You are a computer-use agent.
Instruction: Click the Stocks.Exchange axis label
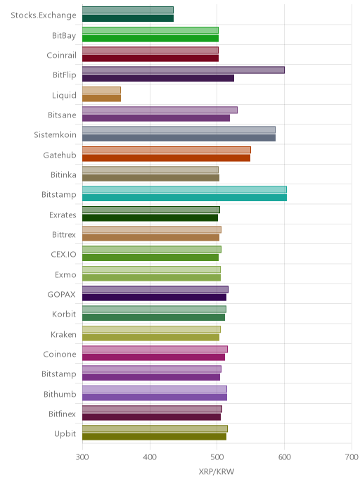[x=43, y=15]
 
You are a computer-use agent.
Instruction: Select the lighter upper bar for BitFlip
[x=184, y=70]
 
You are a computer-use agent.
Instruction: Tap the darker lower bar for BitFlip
[x=158, y=78]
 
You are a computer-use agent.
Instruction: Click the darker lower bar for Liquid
[x=101, y=98]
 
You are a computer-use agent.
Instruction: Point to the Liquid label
[x=64, y=95]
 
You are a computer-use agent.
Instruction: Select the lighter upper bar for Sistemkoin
[x=179, y=130]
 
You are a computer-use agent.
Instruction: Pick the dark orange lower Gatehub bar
[x=166, y=158]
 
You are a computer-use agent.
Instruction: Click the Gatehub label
[x=60, y=155]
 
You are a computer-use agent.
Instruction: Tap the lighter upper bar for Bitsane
[x=160, y=110]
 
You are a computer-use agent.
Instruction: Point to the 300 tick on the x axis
[x=82, y=457]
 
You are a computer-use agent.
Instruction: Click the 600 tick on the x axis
[x=285, y=457]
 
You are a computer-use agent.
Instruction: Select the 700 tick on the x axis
[x=352, y=457]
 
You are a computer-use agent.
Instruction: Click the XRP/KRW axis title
[x=217, y=471]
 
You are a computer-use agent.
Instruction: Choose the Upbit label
[x=65, y=433]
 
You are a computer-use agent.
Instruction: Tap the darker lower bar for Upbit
[x=154, y=436]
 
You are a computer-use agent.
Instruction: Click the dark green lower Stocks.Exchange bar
[x=128, y=18]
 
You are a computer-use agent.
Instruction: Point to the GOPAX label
[x=61, y=295]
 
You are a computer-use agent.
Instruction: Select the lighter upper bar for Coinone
[x=155, y=349]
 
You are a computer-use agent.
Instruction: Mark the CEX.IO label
[x=63, y=255]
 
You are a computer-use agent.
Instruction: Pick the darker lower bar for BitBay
[x=150, y=38]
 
